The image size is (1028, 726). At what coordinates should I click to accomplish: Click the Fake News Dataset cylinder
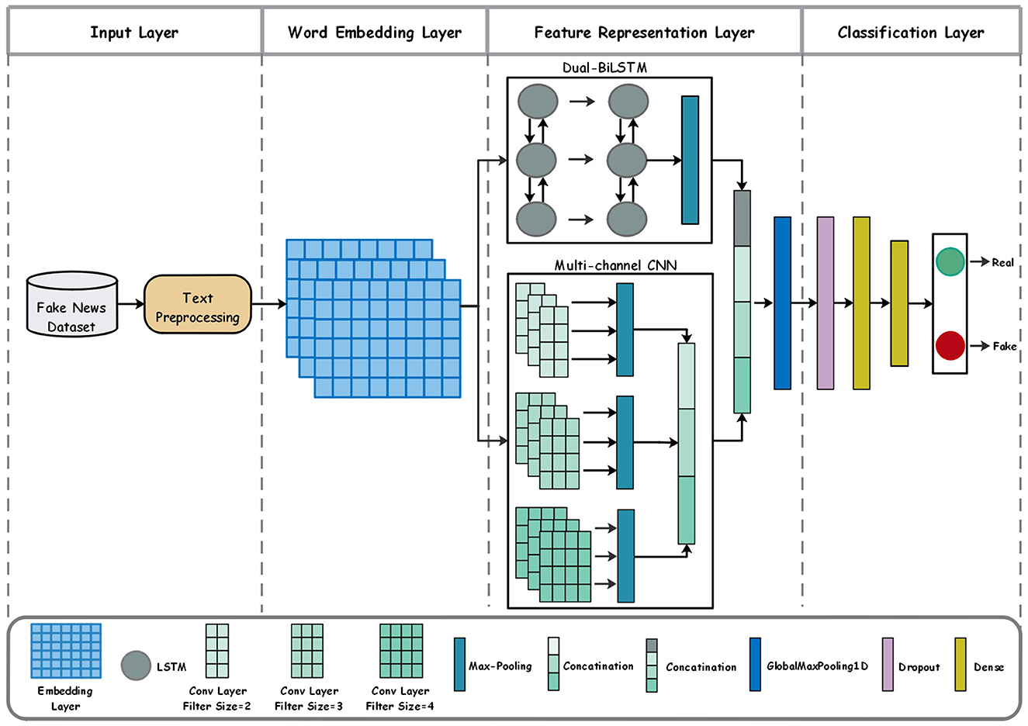point(71,305)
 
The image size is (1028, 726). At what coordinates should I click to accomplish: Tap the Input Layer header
point(134,33)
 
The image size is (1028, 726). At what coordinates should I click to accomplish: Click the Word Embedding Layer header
point(375,33)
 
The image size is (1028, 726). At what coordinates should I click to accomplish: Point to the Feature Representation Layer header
point(644,33)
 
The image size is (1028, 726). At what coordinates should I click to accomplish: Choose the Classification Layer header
point(911,33)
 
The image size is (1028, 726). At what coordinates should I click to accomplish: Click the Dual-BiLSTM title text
point(604,68)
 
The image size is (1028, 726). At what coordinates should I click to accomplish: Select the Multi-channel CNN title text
point(615,265)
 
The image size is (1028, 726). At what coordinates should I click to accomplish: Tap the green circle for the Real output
point(950,262)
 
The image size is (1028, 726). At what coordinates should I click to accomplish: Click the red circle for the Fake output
point(950,346)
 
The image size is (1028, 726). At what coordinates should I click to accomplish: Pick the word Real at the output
point(1002,263)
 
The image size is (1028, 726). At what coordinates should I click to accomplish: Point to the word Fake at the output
point(1004,347)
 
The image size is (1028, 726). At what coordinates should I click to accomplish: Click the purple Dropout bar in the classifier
point(826,303)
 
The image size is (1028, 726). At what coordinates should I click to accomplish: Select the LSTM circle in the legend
point(136,665)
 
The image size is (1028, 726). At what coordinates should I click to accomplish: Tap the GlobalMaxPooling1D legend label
point(817,666)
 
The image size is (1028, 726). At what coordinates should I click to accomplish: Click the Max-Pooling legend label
point(500,666)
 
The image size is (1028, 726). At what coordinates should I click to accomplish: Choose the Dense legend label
point(988,667)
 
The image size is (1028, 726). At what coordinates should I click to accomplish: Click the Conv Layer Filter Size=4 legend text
point(400,698)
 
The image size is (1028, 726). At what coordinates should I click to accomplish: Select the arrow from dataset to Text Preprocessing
point(131,305)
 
